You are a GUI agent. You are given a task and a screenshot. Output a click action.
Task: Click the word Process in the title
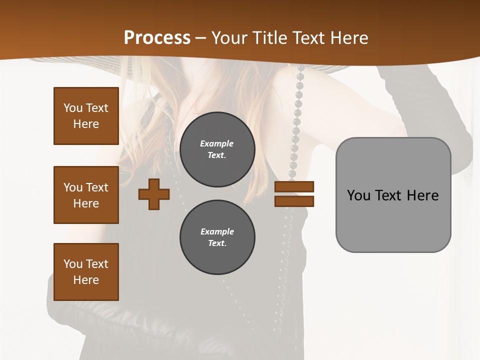(x=157, y=38)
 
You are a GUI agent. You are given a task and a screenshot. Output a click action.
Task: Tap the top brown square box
(x=86, y=116)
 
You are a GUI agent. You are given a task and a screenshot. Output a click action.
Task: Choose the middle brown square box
(x=86, y=195)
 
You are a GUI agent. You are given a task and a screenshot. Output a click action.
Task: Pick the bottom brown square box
(x=86, y=272)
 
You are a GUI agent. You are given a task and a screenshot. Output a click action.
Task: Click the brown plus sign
(x=154, y=194)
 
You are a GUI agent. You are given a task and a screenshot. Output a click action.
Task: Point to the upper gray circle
(x=217, y=149)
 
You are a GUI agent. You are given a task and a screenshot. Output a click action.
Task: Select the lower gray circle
(x=217, y=237)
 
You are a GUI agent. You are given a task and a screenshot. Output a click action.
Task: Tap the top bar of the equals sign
(x=294, y=186)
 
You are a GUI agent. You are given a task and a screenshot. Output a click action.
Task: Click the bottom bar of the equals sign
(x=294, y=201)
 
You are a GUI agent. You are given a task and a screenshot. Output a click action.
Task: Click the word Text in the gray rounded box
(x=390, y=195)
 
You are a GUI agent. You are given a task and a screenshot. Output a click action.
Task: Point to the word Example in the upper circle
(x=216, y=143)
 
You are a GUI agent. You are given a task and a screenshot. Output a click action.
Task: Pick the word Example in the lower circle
(x=217, y=231)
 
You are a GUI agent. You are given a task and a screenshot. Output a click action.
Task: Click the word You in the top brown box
(x=72, y=108)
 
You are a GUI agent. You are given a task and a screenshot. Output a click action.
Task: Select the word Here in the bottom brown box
(x=86, y=280)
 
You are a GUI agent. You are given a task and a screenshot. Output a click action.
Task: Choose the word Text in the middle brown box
(x=96, y=187)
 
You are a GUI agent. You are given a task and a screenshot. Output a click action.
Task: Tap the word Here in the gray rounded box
(x=422, y=195)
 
